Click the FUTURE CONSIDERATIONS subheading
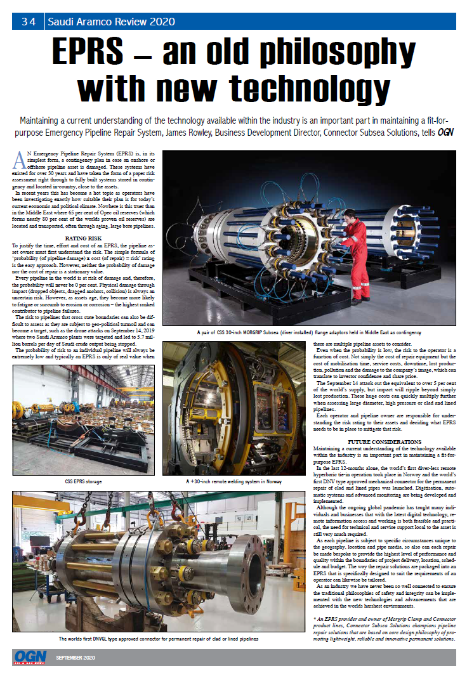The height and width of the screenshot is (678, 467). coord(385,441)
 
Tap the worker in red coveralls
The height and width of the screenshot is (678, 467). coord(355,254)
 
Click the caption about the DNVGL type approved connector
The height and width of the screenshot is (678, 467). coord(158,639)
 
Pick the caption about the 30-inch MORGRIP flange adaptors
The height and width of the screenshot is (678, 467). coord(310,332)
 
